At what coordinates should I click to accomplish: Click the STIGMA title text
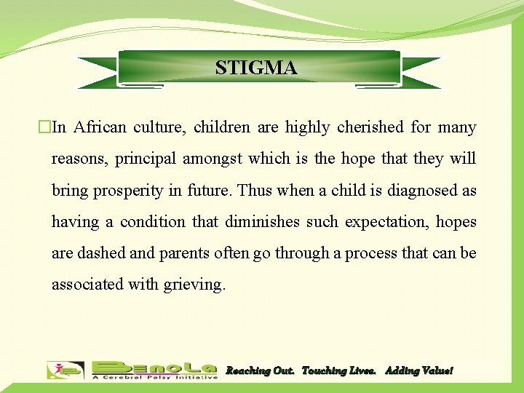256,68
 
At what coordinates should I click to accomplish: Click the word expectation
384,221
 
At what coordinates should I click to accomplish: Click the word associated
87,284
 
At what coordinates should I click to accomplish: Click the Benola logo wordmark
154,367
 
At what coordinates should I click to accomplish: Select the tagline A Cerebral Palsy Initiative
154,377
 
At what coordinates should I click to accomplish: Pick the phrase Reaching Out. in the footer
260,371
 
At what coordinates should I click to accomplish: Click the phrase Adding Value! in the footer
418,371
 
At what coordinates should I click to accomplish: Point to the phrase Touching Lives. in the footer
339,371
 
